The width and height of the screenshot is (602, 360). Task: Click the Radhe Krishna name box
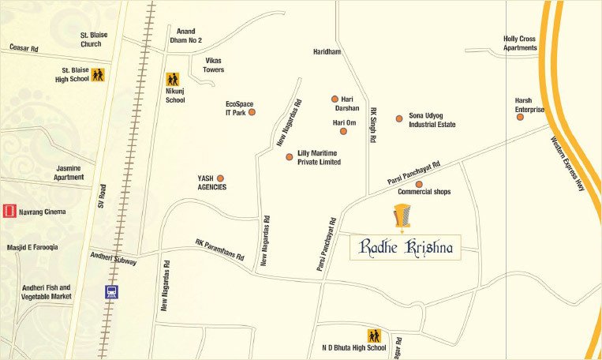point(406,247)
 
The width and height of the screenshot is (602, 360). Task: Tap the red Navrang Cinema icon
point(9,211)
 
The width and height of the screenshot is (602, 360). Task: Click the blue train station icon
point(112,291)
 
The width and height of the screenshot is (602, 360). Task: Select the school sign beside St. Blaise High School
point(98,75)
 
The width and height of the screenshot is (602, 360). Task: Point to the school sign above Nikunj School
point(173,80)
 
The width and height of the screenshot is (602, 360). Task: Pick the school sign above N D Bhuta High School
point(373,336)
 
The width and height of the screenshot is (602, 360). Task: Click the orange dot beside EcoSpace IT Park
point(252,112)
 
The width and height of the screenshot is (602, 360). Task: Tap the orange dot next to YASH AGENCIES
point(220,178)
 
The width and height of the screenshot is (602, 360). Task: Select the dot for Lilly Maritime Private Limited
point(289,157)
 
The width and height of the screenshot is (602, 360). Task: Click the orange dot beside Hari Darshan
point(335,99)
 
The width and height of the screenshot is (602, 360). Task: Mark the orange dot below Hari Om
point(343,131)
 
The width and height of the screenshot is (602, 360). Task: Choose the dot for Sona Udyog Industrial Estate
point(399,118)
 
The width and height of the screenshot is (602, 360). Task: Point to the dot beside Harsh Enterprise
point(520,117)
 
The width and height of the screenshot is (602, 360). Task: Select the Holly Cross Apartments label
point(520,43)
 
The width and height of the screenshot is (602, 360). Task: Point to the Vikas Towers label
point(214,65)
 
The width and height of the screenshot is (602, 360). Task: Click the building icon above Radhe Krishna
point(403,215)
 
